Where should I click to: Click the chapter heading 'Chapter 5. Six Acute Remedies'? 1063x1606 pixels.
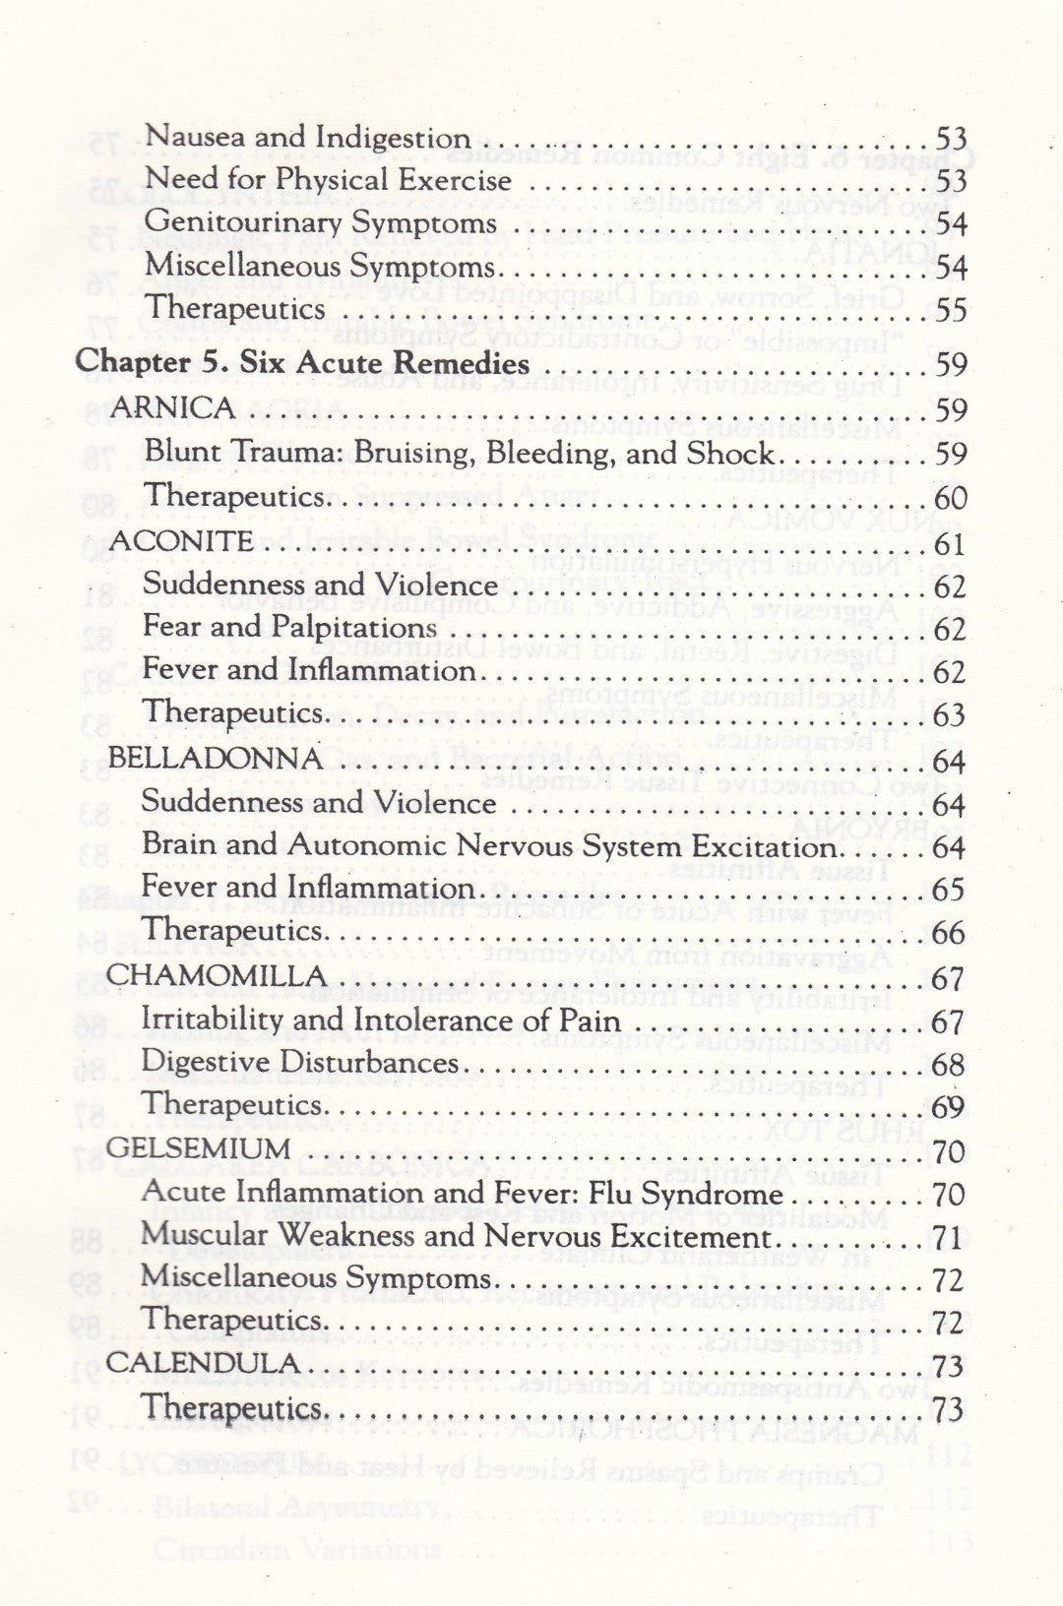tap(302, 362)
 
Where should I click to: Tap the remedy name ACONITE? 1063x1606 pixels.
tap(181, 540)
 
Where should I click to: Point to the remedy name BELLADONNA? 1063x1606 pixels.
tap(215, 758)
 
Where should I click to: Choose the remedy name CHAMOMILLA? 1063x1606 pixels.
tap(216, 975)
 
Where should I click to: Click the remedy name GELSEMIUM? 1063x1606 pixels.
tap(198, 1148)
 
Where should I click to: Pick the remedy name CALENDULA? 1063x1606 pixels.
tap(203, 1363)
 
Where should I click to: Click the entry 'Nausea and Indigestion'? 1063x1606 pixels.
tap(307, 137)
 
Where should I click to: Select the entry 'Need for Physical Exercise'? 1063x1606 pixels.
tap(328, 180)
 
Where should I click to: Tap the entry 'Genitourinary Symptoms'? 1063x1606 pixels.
tap(321, 223)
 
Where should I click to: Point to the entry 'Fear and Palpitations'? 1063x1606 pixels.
tap(290, 627)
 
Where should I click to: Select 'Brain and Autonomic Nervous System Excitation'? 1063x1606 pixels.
tap(489, 845)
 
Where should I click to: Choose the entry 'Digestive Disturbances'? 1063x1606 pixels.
tap(300, 1063)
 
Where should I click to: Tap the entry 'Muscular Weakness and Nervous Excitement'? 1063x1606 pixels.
tap(455, 1236)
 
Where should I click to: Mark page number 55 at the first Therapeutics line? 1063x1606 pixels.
tap(949, 311)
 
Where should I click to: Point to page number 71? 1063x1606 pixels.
tap(947, 1238)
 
